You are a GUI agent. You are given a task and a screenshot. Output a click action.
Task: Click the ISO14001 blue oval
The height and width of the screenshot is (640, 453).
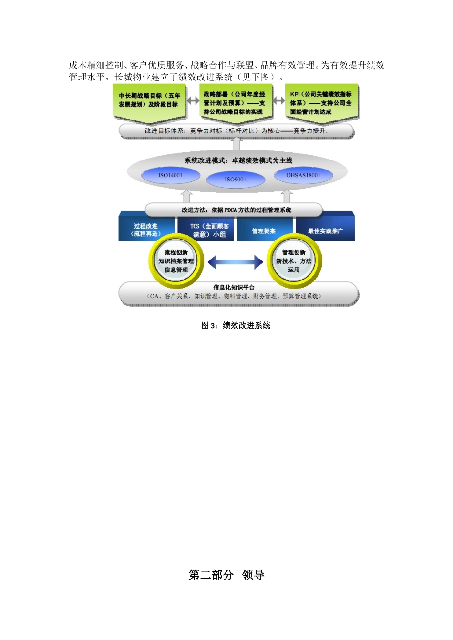pyautogui.click(x=170, y=175)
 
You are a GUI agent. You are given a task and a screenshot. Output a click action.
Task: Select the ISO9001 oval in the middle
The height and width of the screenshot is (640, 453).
pyautogui.click(x=236, y=180)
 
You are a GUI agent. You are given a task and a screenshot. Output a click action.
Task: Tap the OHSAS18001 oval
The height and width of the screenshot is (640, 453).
pyautogui.click(x=303, y=175)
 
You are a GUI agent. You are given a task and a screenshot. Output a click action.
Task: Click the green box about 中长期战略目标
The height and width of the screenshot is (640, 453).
pyautogui.click(x=150, y=100)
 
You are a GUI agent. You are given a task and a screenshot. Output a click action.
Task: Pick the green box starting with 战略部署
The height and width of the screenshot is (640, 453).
pyautogui.click(x=235, y=103)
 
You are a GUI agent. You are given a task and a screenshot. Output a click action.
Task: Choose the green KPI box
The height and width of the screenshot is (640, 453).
pyautogui.click(x=321, y=103)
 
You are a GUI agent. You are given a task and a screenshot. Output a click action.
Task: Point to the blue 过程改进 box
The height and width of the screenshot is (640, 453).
pyautogui.click(x=146, y=230)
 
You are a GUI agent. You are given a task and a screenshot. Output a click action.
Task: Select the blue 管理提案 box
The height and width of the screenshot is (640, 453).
pyautogui.click(x=264, y=230)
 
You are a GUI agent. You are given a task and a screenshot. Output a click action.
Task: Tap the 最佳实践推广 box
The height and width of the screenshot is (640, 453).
pyautogui.click(x=325, y=230)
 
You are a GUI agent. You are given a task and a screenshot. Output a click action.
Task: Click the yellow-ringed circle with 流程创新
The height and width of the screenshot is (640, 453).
pyautogui.click(x=176, y=261)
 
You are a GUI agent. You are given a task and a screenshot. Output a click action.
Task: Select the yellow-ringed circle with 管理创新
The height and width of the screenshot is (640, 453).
pyautogui.click(x=294, y=261)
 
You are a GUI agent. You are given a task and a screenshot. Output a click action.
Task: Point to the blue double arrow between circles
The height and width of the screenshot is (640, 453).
pyautogui.click(x=235, y=261)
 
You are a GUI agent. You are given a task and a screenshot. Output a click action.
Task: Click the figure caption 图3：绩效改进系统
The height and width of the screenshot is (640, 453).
pyautogui.click(x=236, y=325)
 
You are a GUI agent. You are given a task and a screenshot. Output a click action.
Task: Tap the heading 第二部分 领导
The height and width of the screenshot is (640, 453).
pyautogui.click(x=226, y=575)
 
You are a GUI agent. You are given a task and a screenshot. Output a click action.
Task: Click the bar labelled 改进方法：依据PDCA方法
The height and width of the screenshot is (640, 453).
pyautogui.click(x=236, y=210)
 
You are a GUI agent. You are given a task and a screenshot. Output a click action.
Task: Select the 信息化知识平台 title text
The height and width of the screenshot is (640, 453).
pyautogui.click(x=234, y=287)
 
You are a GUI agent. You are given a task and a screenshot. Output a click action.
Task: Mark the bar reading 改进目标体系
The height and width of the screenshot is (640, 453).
pyautogui.click(x=237, y=130)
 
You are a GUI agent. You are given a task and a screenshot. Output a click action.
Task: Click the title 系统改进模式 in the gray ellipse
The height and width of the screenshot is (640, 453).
pyautogui.click(x=238, y=160)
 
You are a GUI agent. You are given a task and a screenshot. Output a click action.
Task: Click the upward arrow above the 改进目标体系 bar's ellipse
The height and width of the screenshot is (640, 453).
pyautogui.click(x=237, y=144)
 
